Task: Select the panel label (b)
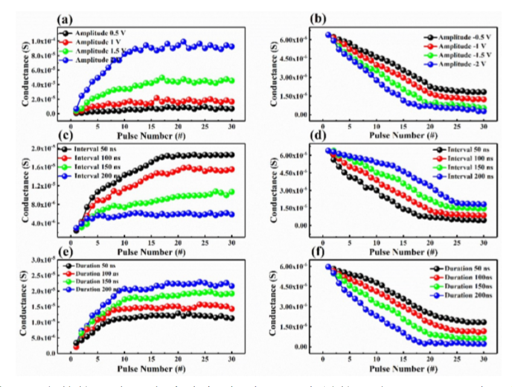click(318, 19)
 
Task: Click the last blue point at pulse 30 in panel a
click(230, 46)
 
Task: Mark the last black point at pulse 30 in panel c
click(230, 155)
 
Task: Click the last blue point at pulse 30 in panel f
click(482, 344)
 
